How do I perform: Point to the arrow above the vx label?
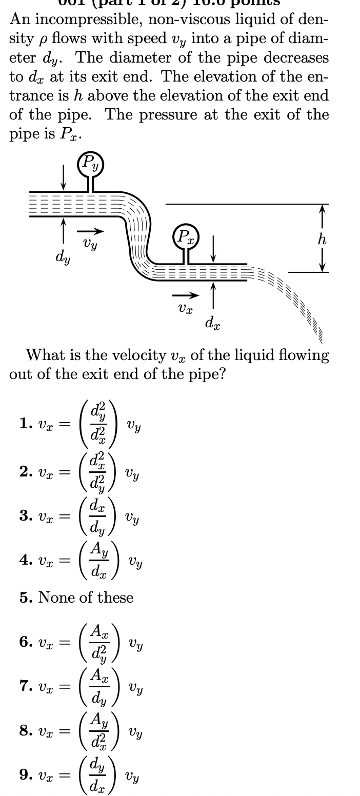pos(185,295)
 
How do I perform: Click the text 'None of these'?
pos(86,598)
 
